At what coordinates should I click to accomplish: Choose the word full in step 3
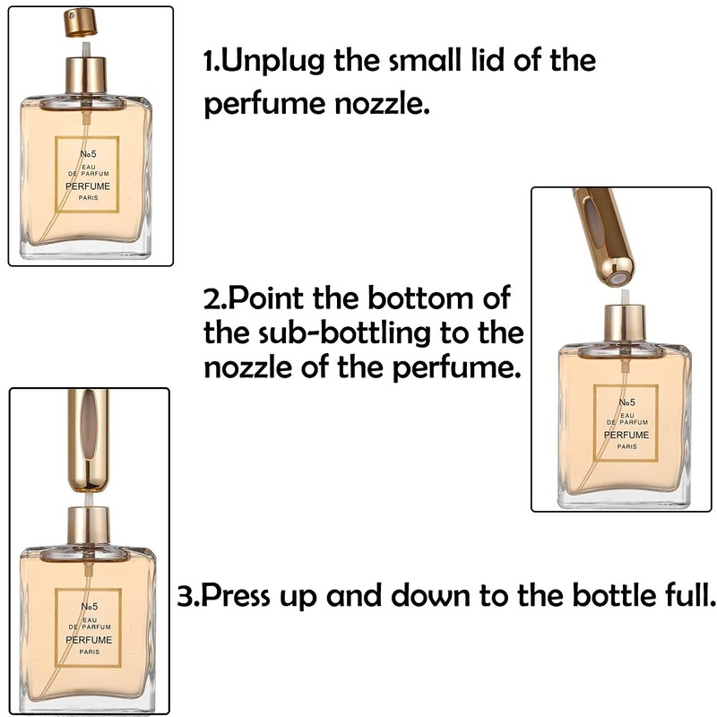pyautogui.click(x=687, y=596)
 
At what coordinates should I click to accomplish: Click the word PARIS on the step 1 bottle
pyautogui.click(x=88, y=198)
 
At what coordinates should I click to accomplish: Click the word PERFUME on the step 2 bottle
pyautogui.click(x=626, y=435)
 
